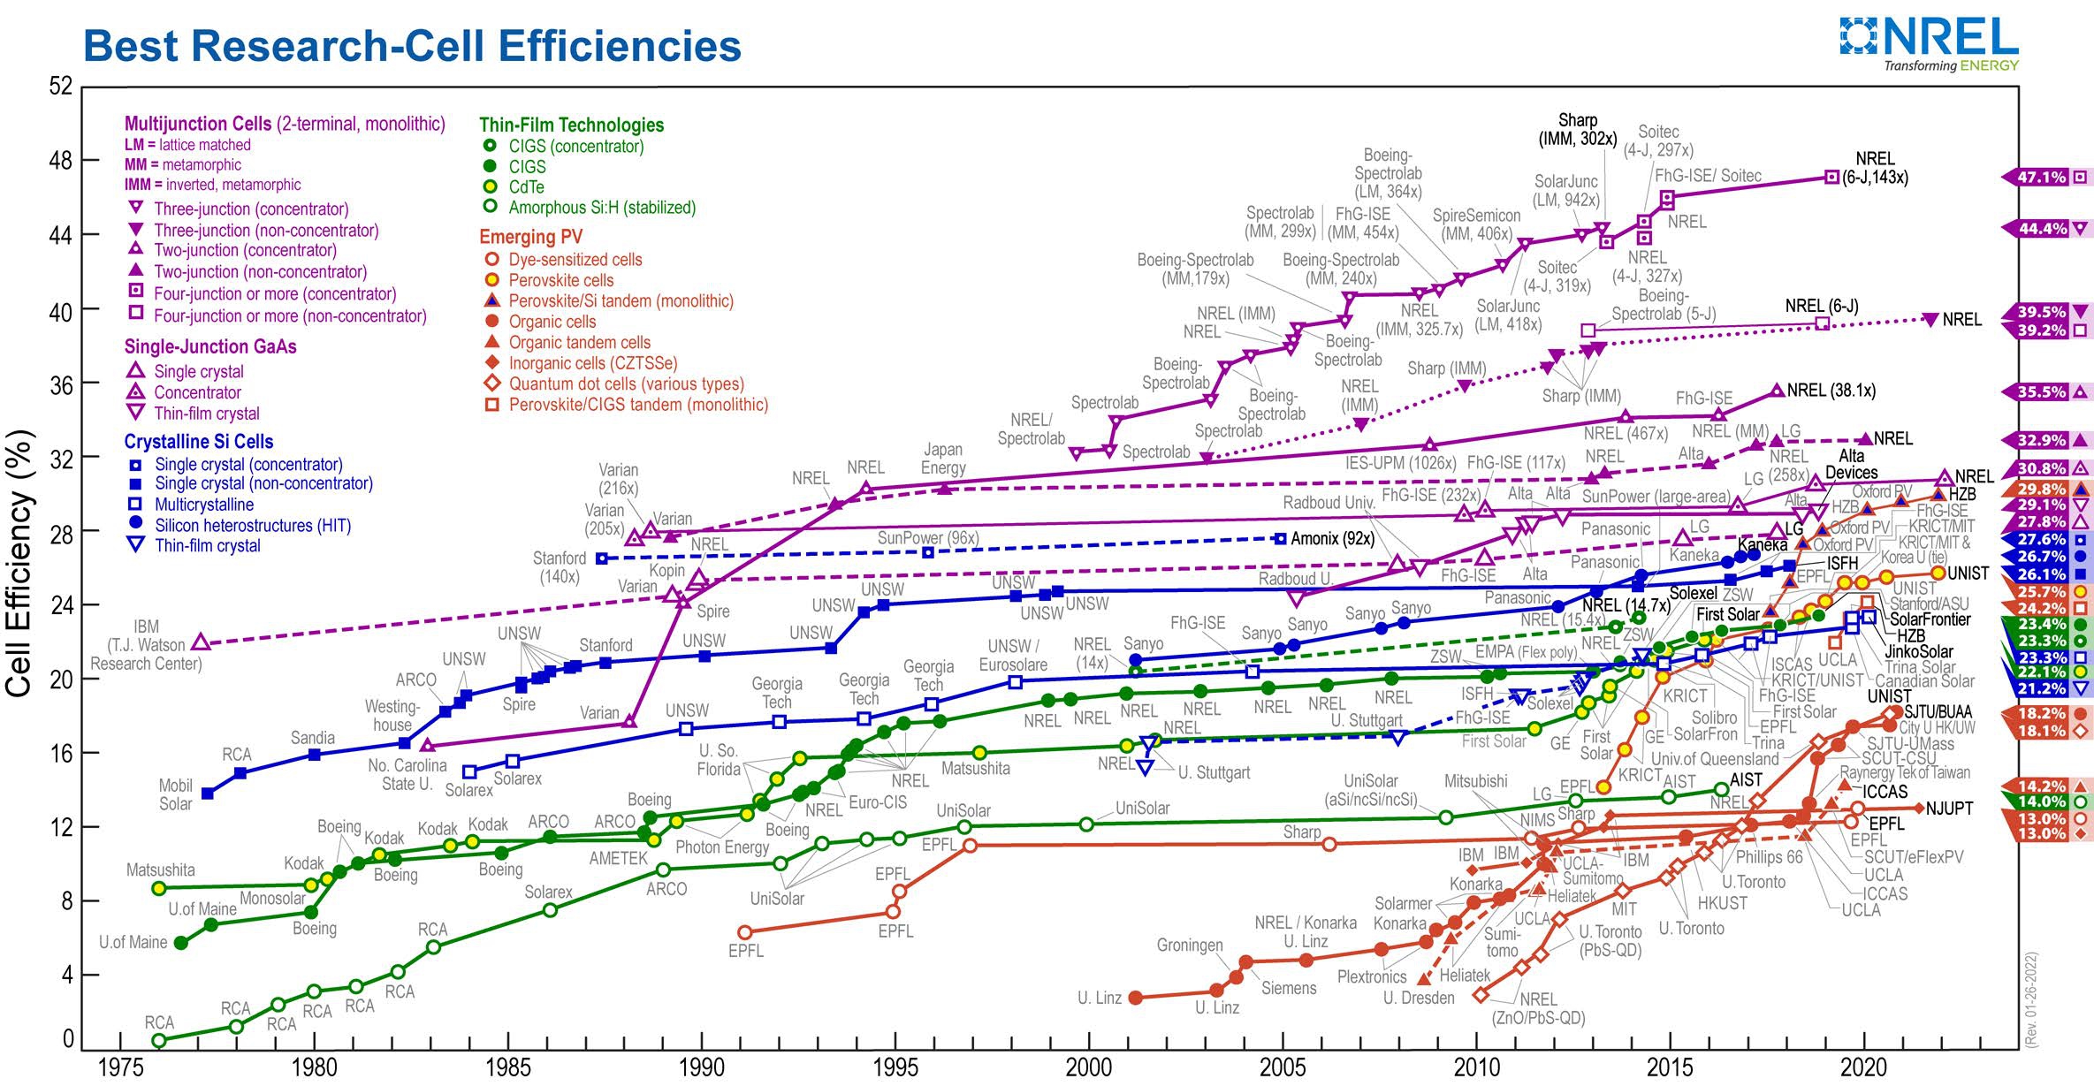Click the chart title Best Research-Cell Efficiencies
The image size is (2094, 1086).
(412, 46)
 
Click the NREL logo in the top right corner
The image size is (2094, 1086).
(1929, 44)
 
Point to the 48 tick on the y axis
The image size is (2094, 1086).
(60, 161)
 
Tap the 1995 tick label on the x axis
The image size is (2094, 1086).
(895, 1067)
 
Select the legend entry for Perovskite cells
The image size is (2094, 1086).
(560, 280)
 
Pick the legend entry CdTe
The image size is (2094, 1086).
(526, 187)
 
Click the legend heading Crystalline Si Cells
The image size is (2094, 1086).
(198, 442)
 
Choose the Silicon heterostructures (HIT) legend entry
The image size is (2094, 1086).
(252, 526)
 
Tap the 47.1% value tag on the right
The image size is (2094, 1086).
(2042, 178)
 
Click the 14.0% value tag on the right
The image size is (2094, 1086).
(2042, 802)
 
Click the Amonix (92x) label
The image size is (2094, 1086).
(1332, 538)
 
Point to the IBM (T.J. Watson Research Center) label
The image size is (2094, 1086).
(146, 645)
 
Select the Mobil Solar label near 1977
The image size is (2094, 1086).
(175, 794)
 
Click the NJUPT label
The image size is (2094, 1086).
(1949, 809)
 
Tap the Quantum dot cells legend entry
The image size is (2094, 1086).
(626, 384)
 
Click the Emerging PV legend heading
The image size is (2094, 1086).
(530, 237)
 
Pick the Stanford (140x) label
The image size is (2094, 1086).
(560, 567)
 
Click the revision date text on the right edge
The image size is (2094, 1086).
(2031, 999)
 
